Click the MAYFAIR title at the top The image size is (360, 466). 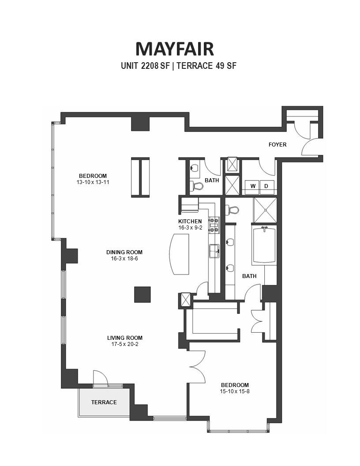pos(175,49)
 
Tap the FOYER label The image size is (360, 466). pos(277,145)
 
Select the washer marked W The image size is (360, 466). pos(253,186)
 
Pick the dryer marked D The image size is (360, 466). pos(267,186)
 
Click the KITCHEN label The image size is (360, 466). pos(190,222)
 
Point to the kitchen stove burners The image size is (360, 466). pos(214,225)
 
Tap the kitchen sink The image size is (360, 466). pos(214,251)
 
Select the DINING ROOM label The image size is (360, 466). pos(124,252)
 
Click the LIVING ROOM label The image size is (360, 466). pos(125,338)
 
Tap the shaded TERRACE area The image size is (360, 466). pos(104,402)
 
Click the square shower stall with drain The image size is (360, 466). pos(265,210)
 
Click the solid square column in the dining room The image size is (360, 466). pos(142,294)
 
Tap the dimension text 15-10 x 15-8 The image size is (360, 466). pos(235,391)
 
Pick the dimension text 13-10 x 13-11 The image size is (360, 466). pos(93,182)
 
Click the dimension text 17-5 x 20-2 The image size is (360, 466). pos(125,344)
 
